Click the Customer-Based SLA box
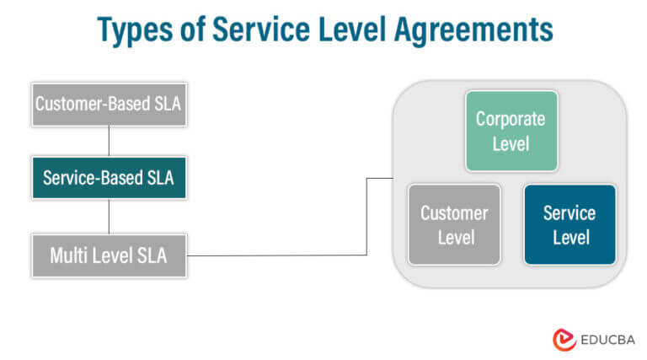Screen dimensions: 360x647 click(x=109, y=105)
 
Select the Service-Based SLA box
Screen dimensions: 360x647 click(x=109, y=178)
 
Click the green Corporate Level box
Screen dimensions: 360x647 click(x=511, y=132)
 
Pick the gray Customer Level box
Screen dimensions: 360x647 click(x=454, y=225)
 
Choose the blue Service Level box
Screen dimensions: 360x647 click(x=570, y=225)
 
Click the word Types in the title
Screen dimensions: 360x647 click(x=138, y=31)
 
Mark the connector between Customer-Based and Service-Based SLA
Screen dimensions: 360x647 click(x=109, y=141)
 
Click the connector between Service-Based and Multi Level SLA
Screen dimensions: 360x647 click(x=109, y=217)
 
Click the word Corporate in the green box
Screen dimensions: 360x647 click(x=511, y=120)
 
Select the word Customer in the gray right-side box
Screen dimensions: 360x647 click(x=454, y=213)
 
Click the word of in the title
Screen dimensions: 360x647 click(x=197, y=30)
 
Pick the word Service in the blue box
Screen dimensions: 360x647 click(x=570, y=213)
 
